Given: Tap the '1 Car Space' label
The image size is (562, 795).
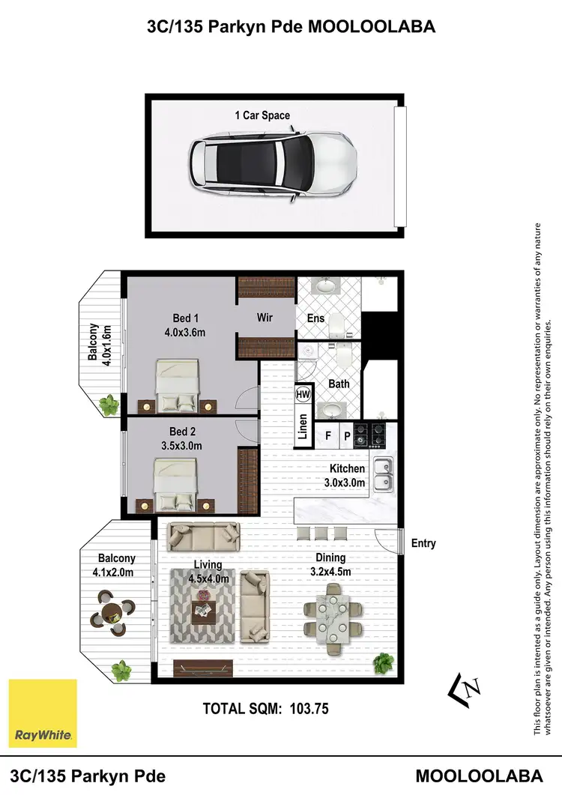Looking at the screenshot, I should click(x=262, y=115).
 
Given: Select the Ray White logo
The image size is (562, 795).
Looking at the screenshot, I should click(x=43, y=713).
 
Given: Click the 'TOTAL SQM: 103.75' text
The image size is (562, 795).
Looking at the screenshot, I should click(x=266, y=708).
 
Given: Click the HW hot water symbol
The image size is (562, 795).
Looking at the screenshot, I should click(x=303, y=394).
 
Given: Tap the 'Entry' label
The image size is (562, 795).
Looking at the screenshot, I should click(x=423, y=543).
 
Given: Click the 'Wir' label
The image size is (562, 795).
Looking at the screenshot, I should click(x=265, y=318).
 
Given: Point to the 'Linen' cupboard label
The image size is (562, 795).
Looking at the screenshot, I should click(x=303, y=426).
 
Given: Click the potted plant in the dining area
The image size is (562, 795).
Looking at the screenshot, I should click(x=384, y=662).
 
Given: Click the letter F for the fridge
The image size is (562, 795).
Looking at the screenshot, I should click(x=328, y=434).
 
